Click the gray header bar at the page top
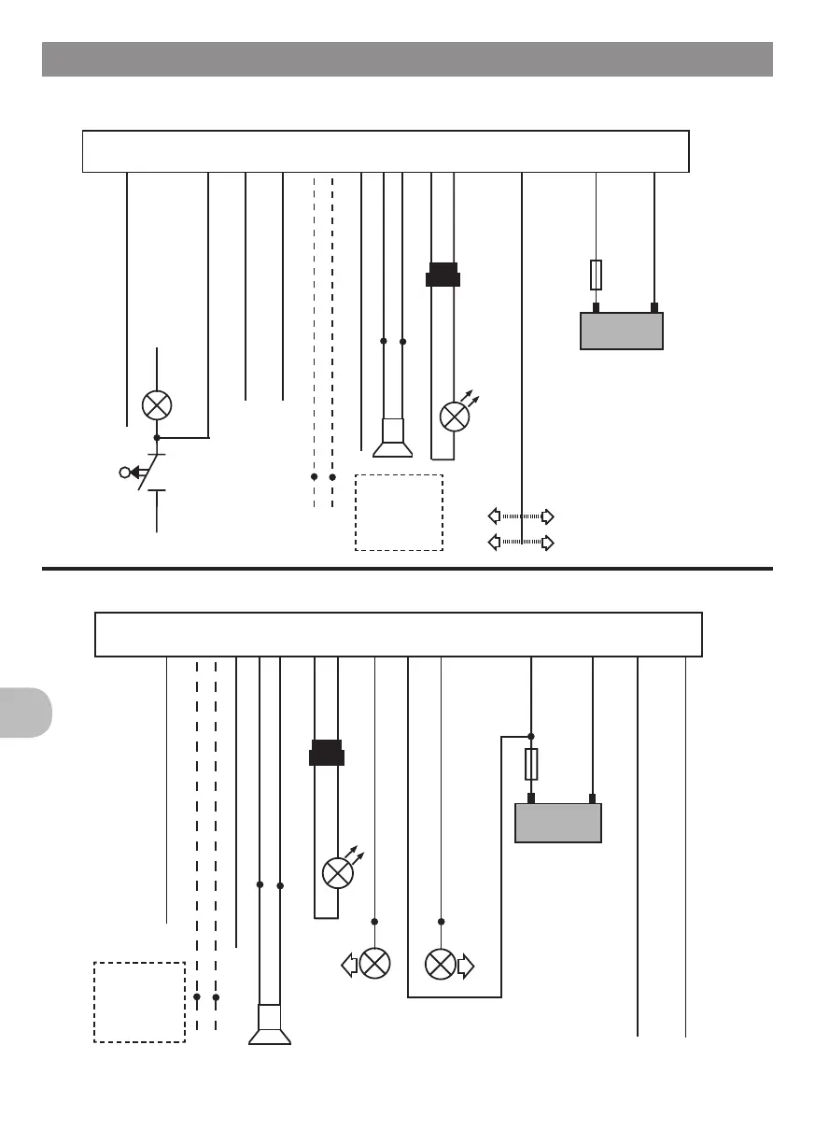(x=407, y=59)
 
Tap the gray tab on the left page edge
(x=25, y=712)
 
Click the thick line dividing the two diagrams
(x=407, y=568)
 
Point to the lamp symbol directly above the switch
(x=157, y=405)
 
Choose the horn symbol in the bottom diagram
(x=270, y=1024)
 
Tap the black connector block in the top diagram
(x=443, y=275)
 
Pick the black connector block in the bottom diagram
(x=326, y=753)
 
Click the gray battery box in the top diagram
(x=622, y=331)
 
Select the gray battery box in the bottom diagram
(x=558, y=823)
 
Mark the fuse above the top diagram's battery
(x=597, y=275)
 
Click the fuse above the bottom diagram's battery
(x=531, y=764)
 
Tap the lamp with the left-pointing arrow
(x=374, y=964)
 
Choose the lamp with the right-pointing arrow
(x=441, y=964)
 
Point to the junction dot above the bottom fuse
(x=531, y=736)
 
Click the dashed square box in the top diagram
(x=399, y=513)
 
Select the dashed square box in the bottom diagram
(x=139, y=1001)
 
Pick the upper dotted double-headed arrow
(x=522, y=516)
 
